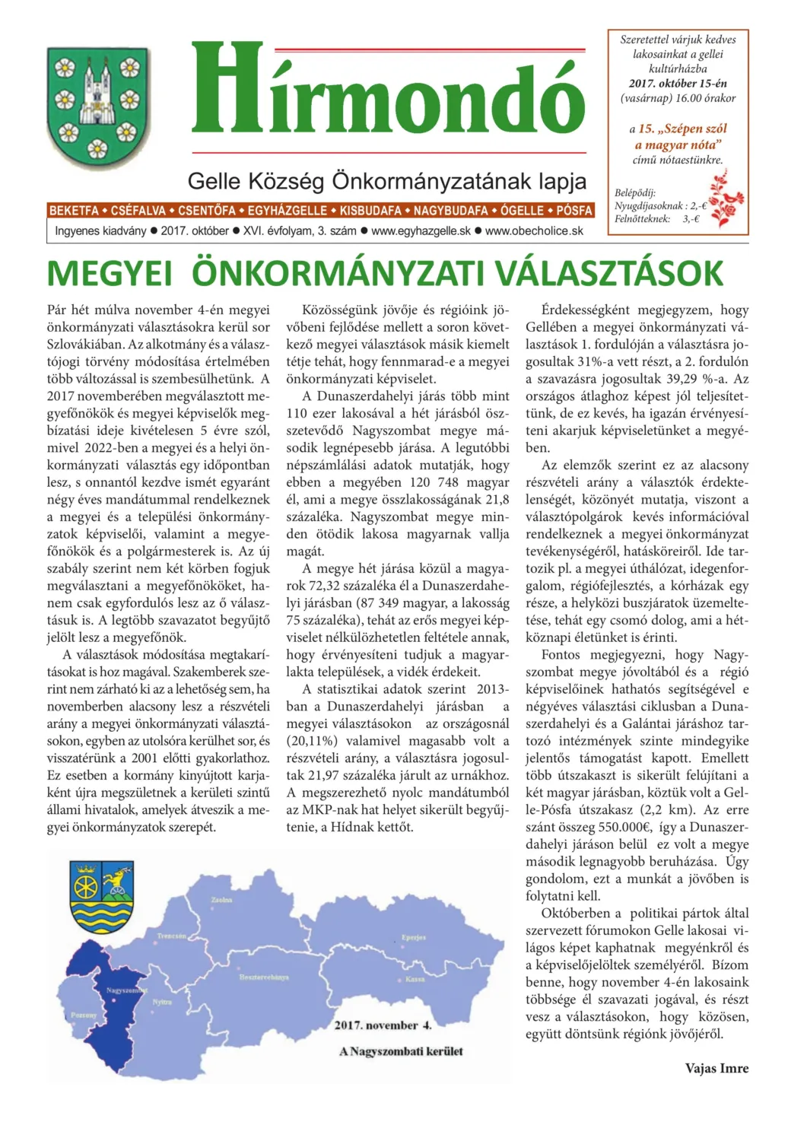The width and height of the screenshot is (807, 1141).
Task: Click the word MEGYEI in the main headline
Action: click(110, 274)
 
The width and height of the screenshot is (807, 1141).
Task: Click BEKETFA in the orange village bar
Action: click(74, 211)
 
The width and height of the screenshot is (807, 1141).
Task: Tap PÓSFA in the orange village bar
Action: click(573, 211)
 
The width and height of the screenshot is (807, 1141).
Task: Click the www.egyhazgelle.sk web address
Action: click(421, 230)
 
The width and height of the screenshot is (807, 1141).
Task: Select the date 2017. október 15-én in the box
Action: click(678, 84)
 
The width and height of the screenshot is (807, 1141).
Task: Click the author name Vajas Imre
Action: click(716, 1068)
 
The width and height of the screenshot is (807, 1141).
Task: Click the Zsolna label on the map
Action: click(221, 900)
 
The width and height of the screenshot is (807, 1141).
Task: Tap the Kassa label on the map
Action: click(415, 979)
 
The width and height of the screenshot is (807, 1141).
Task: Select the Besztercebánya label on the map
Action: click(263, 977)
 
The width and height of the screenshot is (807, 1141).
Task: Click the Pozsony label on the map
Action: click(84, 1015)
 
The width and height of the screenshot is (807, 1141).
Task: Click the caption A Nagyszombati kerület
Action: click(401, 1051)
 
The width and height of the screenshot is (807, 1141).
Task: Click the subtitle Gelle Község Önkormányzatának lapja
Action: click(386, 182)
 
